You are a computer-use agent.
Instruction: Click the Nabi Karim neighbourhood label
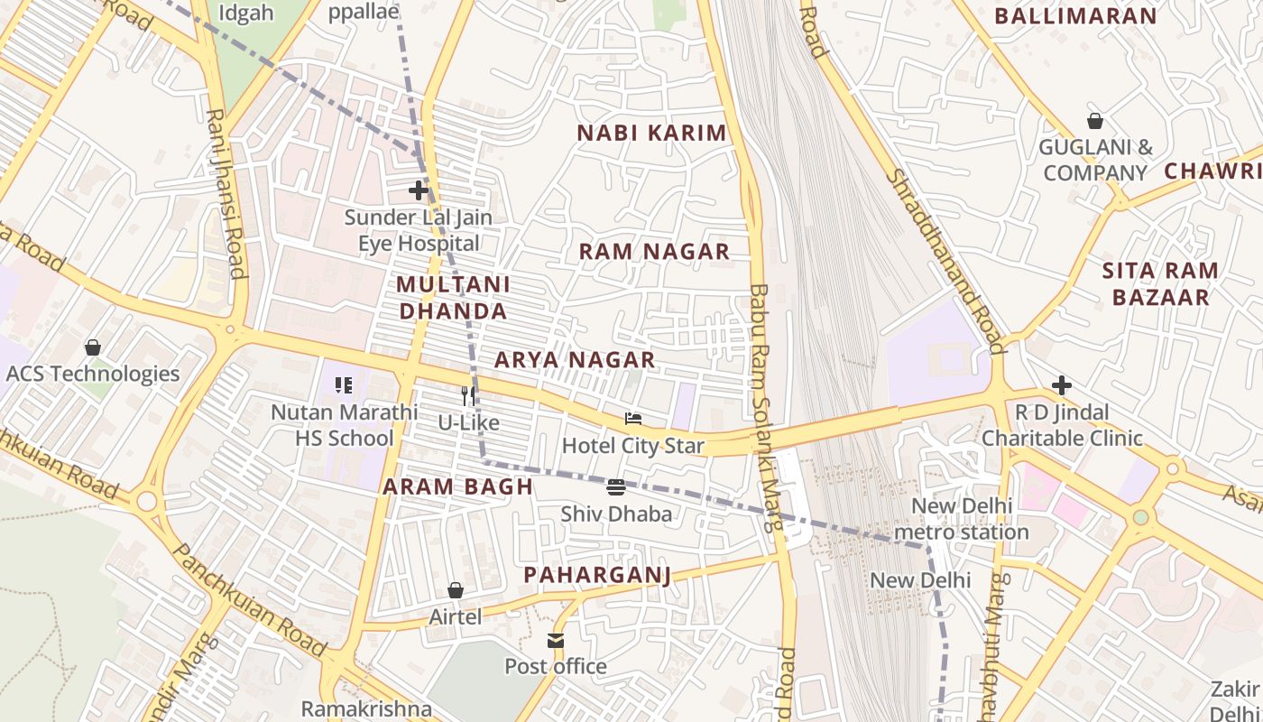tap(651, 133)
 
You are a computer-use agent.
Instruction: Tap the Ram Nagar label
tap(654, 251)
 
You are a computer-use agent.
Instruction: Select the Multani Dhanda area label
tap(453, 298)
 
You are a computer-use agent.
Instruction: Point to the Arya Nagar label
tap(575, 359)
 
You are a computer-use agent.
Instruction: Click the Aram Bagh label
tap(458, 486)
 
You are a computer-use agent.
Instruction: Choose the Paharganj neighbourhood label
tap(597, 575)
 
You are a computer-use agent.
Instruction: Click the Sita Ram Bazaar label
tap(1160, 283)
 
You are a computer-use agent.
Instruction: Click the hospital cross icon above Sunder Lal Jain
tap(418, 190)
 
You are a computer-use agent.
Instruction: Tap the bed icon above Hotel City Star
tap(633, 419)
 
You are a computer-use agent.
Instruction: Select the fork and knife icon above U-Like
tap(467, 395)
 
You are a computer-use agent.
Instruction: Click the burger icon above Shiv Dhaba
tap(616, 487)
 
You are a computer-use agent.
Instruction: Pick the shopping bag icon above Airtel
tap(456, 590)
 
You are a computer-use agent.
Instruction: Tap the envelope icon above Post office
tap(556, 640)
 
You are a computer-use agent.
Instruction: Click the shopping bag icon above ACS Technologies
tap(92, 347)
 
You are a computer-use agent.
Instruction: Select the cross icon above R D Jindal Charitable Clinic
tap(1062, 386)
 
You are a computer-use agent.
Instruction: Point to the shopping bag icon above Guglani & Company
tap(1095, 120)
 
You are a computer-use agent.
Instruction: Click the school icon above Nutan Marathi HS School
tap(344, 386)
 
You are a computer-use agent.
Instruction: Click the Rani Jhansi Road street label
tap(226, 193)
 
